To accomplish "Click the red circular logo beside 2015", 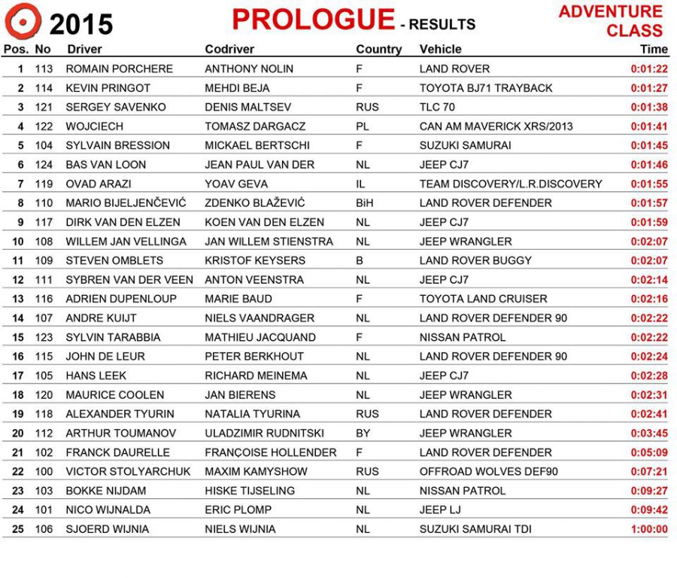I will coord(23,21).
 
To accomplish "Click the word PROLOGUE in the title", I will coord(313,20).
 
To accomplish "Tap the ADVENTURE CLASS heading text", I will coord(611,21).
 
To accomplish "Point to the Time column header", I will coord(654,50).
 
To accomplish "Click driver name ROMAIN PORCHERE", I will coord(119,68).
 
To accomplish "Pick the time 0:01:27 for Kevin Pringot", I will coord(648,88).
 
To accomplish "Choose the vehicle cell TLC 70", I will coord(437,107).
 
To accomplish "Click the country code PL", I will coord(363,126).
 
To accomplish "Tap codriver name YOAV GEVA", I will coord(236,184).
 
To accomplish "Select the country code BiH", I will coord(365,203).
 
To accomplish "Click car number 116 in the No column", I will coord(44,299).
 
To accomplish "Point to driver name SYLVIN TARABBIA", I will coord(113,337).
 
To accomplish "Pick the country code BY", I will coord(363,433).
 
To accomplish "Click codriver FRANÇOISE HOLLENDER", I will coord(271,452).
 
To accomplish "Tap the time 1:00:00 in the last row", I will coord(649,529).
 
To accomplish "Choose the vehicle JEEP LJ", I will coord(440,510).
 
